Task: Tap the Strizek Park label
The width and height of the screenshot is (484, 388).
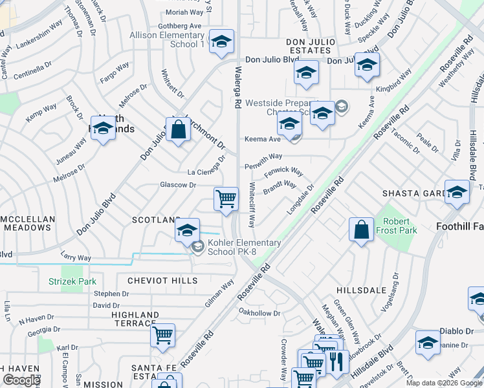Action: (72, 281)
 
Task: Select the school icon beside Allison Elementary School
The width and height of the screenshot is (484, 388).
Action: (221, 43)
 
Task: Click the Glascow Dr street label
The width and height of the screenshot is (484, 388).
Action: (178, 185)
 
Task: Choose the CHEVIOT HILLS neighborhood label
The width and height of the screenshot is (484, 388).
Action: (162, 281)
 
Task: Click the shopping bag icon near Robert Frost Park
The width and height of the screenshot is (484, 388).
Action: (360, 230)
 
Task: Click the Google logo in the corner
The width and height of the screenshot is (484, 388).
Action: (21, 380)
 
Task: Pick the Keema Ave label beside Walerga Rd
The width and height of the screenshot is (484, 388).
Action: (262, 138)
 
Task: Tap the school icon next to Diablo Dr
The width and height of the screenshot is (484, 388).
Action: (428, 343)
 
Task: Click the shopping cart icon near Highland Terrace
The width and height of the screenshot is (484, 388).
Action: (162, 335)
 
